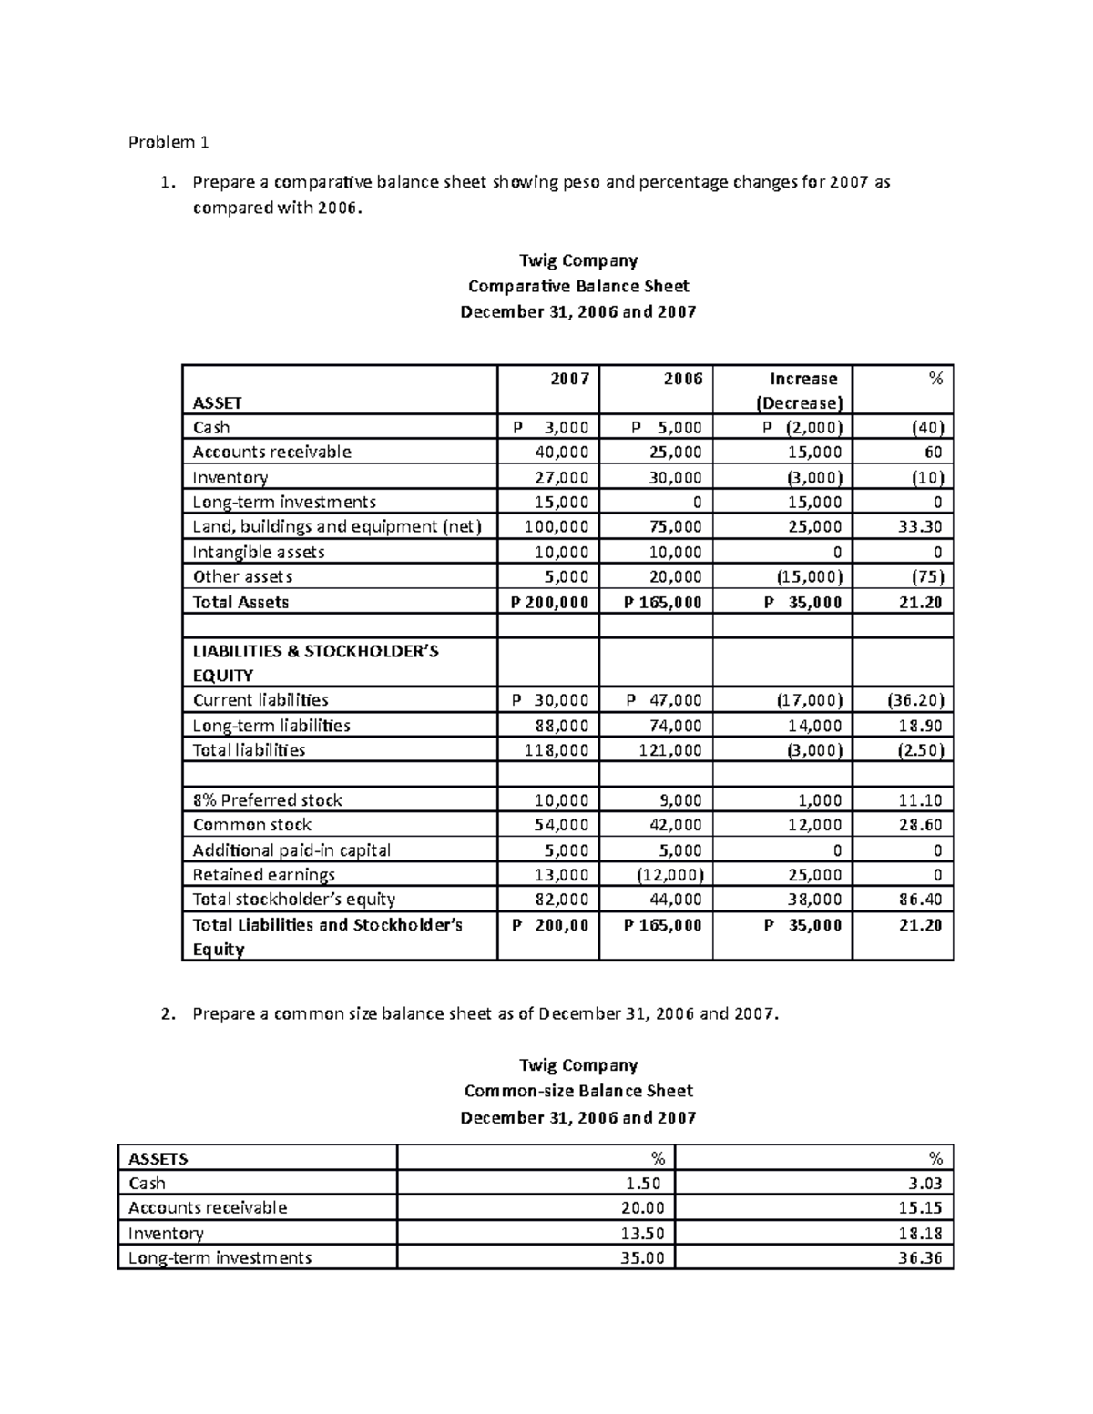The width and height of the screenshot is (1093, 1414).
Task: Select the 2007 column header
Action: click(569, 379)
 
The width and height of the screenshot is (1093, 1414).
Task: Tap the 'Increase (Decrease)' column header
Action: click(802, 391)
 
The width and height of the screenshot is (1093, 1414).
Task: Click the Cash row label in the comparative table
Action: click(211, 428)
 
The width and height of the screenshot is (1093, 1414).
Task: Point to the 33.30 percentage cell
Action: click(922, 527)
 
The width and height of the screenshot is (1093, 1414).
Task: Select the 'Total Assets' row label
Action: click(240, 602)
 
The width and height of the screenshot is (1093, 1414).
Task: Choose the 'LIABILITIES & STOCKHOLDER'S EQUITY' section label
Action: click(315, 663)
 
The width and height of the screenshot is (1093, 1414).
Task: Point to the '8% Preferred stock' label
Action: click(267, 800)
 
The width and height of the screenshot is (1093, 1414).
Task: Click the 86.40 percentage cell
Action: click(922, 900)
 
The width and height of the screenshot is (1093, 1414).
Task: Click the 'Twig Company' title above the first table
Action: click(577, 260)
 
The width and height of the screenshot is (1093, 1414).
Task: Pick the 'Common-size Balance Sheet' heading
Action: click(577, 1091)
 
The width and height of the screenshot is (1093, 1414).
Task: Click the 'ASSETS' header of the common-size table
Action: click(158, 1158)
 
